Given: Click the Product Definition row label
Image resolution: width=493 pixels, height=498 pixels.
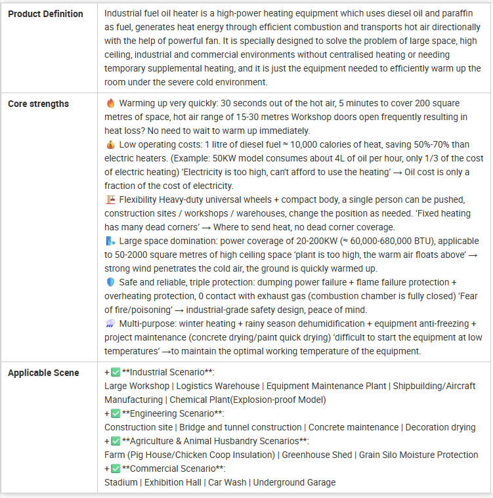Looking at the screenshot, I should click(x=45, y=14).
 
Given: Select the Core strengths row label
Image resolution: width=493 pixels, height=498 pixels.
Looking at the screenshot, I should click(x=38, y=104).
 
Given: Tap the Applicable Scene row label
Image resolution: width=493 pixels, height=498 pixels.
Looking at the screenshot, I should click(x=43, y=373).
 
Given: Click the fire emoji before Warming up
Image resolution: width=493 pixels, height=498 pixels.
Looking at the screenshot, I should click(x=110, y=104).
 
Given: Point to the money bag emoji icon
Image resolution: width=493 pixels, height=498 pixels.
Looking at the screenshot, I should click(x=110, y=144).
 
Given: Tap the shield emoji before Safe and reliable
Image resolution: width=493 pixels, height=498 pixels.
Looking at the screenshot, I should click(x=110, y=282).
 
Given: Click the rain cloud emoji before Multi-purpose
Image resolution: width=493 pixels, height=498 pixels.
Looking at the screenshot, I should click(x=110, y=324).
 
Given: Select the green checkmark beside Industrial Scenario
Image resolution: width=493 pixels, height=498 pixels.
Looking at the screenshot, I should click(x=116, y=372).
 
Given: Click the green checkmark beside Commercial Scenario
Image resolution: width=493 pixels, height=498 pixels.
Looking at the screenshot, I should click(x=116, y=468).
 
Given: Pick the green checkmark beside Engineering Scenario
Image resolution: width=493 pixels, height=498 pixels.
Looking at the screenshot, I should click(x=116, y=413).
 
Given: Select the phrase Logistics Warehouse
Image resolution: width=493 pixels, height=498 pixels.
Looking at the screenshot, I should click(x=217, y=386).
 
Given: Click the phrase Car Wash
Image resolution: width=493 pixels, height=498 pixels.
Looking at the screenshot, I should click(x=227, y=482).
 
